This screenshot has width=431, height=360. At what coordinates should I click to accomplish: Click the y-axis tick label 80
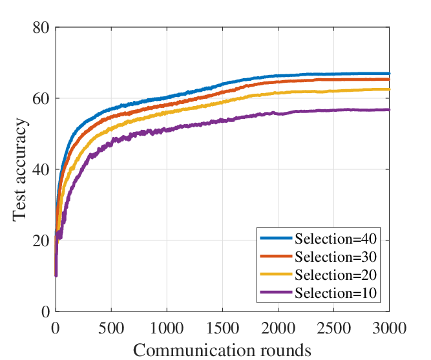point(41,28)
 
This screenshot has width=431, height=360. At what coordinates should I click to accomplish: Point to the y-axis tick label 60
point(41,99)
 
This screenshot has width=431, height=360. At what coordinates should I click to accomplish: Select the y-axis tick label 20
point(41,241)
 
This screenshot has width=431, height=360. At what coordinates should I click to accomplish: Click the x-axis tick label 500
point(111,328)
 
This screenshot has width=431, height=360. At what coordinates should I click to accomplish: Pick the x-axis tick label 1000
point(167,328)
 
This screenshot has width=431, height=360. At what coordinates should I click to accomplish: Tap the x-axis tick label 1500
point(222,328)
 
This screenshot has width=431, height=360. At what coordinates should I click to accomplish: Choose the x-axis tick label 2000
point(278,328)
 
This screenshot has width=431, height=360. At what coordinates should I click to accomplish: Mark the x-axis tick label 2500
point(333,328)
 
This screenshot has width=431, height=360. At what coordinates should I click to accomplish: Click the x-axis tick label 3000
point(389,328)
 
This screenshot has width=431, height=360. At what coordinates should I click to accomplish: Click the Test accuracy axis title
point(20,170)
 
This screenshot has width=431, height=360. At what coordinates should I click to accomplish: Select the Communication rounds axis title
point(222,350)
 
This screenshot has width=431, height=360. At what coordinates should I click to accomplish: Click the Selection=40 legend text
point(335,238)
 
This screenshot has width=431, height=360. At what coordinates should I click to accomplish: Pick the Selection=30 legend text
point(335,257)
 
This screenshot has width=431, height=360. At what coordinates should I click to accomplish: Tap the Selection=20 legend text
point(335,275)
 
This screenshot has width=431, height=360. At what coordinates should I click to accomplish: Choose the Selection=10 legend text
point(335,293)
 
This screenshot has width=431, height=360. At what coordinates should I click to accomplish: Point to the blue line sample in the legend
point(276,238)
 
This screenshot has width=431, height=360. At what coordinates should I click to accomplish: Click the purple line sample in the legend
point(276,292)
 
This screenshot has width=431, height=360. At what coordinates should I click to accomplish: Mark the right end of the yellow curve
point(389,89)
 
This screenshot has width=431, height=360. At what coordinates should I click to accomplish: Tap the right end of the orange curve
point(389,79)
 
